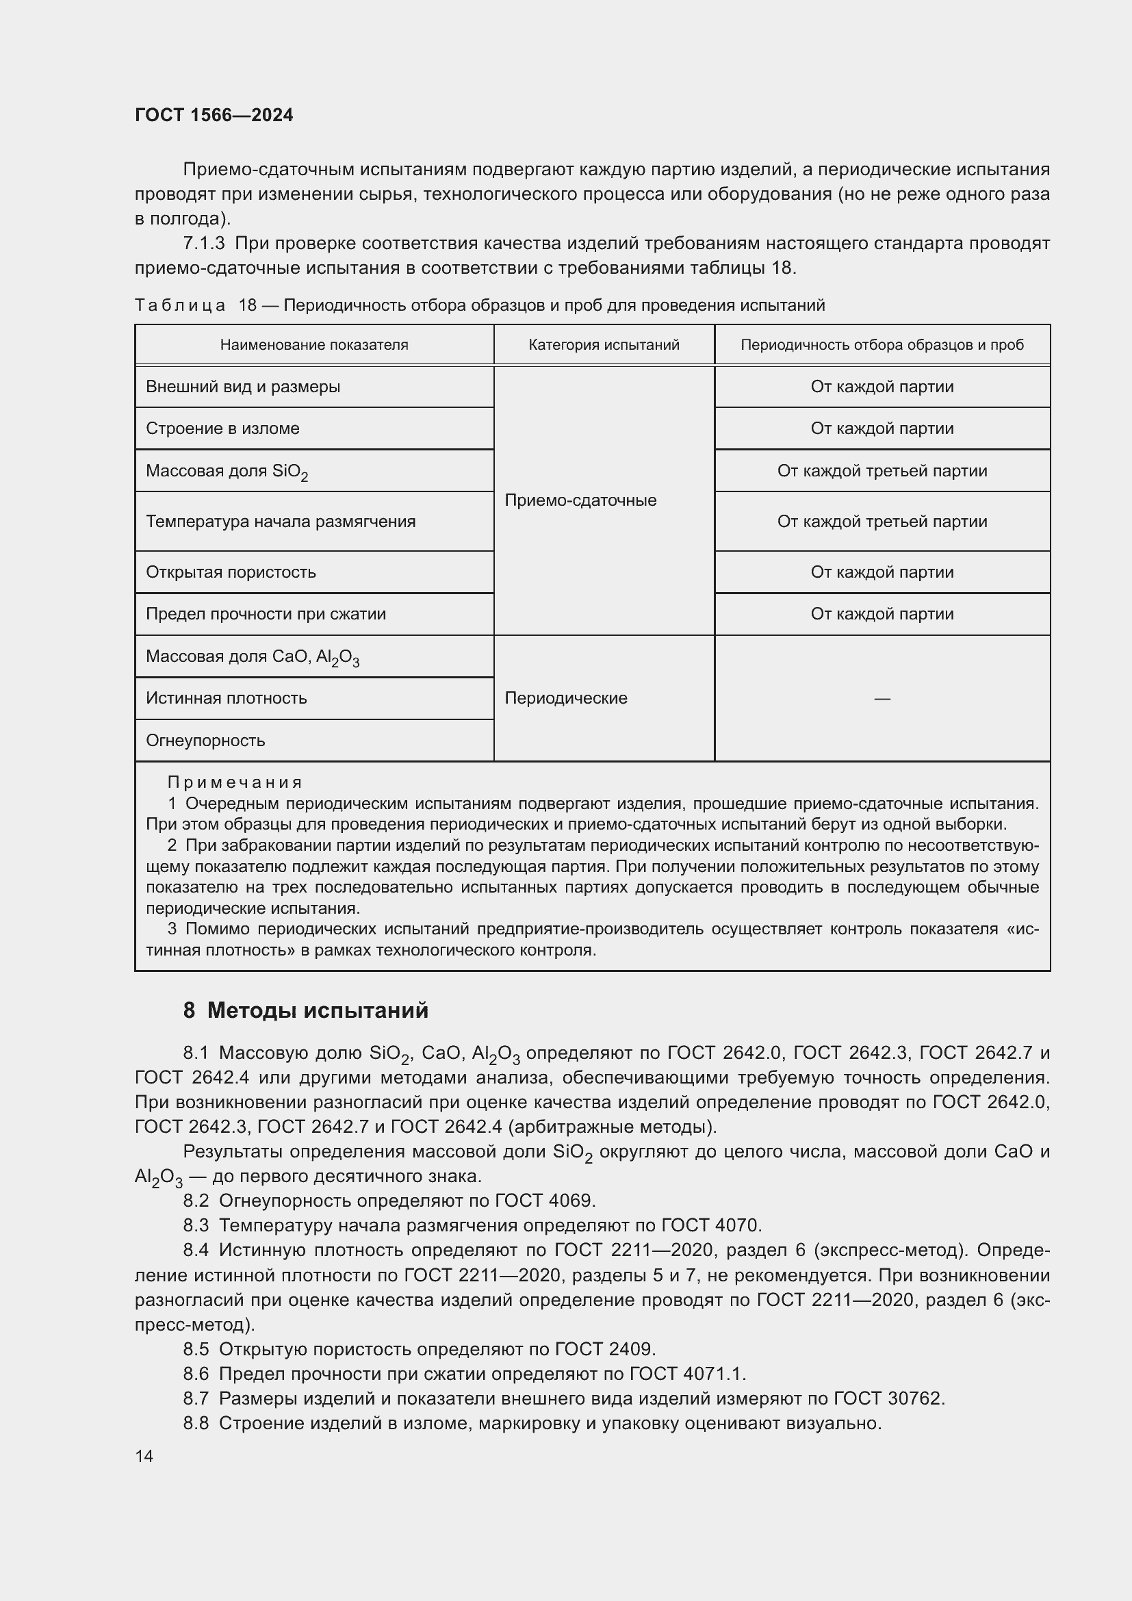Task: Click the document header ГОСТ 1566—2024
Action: coord(214,115)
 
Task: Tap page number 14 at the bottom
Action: coord(144,1456)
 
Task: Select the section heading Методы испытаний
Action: coord(317,1010)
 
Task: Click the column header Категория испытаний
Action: coord(604,345)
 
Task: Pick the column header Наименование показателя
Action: coord(313,345)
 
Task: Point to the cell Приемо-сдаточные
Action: coord(580,500)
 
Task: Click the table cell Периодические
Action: coord(565,698)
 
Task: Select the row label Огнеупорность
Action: coord(205,741)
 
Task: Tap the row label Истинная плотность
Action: coord(226,698)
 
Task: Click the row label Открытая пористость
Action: coord(231,572)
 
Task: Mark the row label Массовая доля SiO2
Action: coord(227,472)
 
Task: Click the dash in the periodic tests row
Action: coord(882,698)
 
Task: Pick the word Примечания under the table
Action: coord(234,782)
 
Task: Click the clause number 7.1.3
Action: coord(203,244)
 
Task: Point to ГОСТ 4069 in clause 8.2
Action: coord(544,1201)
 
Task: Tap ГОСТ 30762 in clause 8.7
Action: coord(889,1398)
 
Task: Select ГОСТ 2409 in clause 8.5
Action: coord(605,1348)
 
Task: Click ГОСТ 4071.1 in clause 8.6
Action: coord(687,1374)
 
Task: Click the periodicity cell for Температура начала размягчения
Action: coord(882,522)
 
